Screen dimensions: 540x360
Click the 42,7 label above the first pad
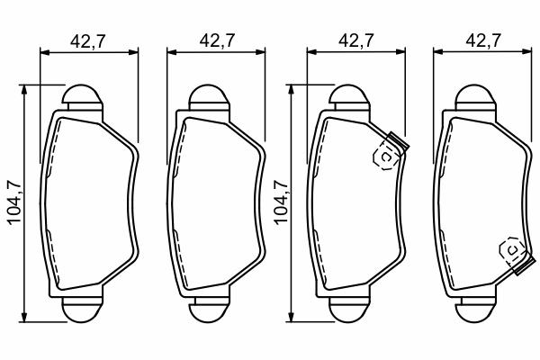click(87, 41)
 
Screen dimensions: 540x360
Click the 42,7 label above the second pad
click(217, 40)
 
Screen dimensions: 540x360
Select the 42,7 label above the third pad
click(356, 40)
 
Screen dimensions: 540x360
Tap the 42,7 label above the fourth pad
click(483, 40)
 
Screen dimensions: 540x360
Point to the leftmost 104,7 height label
click(14, 202)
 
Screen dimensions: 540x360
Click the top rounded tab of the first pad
click(83, 94)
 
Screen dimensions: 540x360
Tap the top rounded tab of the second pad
click(209, 94)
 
